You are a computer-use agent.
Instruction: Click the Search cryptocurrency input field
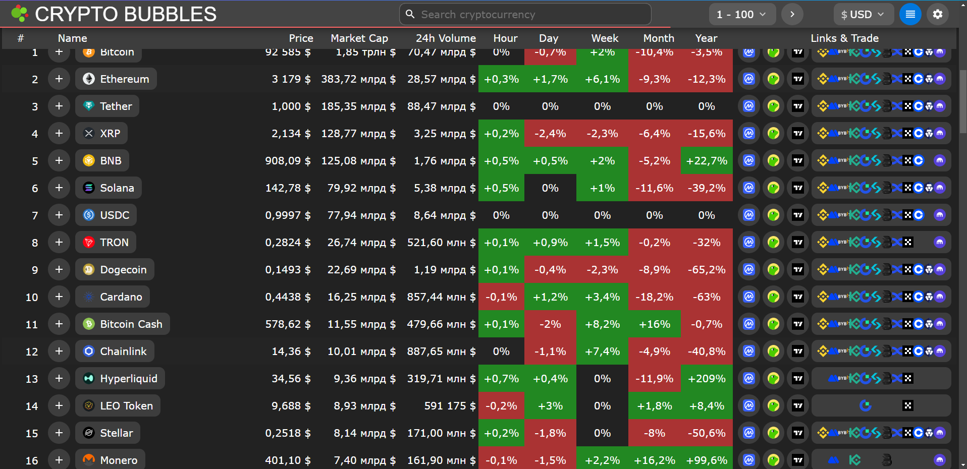(525, 15)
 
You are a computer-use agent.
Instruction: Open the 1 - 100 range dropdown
(741, 15)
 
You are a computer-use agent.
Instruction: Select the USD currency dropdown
(863, 15)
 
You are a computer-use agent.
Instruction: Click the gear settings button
(937, 15)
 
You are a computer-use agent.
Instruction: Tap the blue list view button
(910, 15)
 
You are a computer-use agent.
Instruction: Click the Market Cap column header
(359, 38)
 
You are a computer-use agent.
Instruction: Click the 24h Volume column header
(446, 38)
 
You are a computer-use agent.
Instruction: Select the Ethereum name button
(116, 79)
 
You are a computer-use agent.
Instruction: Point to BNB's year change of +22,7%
(707, 161)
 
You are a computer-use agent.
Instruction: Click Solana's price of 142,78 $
(288, 188)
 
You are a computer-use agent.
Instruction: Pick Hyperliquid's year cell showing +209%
(707, 379)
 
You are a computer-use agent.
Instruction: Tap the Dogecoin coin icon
(89, 270)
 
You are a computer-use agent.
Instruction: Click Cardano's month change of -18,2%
(654, 297)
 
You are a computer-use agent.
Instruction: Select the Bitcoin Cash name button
(123, 324)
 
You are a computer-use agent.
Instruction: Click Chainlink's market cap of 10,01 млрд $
(361, 351)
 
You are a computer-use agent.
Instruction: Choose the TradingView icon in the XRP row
(797, 134)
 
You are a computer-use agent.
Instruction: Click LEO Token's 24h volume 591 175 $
(450, 406)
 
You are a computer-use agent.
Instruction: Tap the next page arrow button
(792, 15)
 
